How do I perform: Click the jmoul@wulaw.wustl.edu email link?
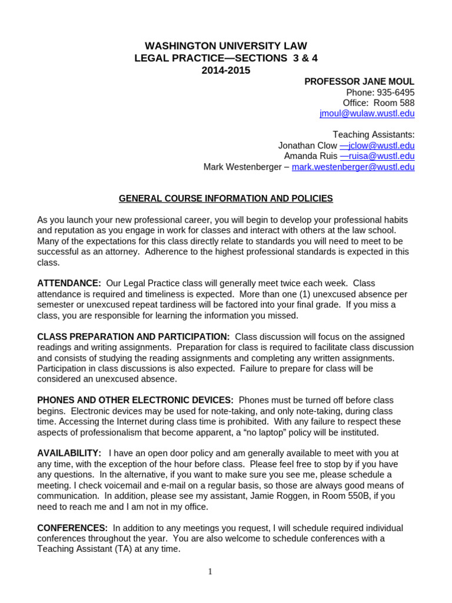(x=367, y=114)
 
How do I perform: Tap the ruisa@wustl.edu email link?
(x=377, y=156)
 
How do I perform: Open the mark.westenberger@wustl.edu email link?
(x=353, y=167)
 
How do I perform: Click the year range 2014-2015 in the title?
(x=226, y=71)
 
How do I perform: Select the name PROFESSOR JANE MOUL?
(x=359, y=82)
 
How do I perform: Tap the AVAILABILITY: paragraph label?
(x=69, y=453)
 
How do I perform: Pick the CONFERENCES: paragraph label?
(x=72, y=528)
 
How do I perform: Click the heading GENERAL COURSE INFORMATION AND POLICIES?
(x=226, y=198)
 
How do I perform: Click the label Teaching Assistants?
(x=373, y=135)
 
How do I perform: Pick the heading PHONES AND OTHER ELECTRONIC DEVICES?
(x=135, y=400)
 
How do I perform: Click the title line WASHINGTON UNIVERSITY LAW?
(x=226, y=46)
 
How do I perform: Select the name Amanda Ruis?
(x=310, y=156)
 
